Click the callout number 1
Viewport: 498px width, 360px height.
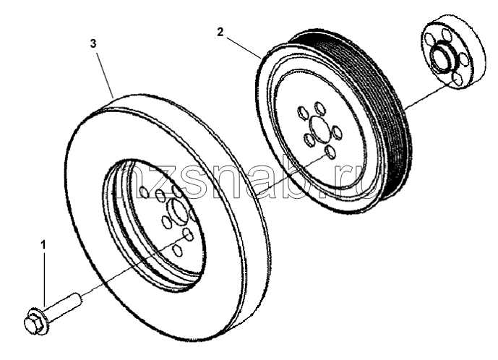[43, 245]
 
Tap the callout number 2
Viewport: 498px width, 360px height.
[220, 32]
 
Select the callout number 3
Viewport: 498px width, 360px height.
[93, 43]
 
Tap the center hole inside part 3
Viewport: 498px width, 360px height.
[178, 210]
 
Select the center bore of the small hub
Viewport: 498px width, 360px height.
[442, 58]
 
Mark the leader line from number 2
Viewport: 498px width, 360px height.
[244, 48]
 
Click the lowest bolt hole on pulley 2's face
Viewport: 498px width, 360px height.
[330, 152]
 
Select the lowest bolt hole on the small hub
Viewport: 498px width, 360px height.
[457, 80]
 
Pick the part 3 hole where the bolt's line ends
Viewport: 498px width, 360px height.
[188, 235]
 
